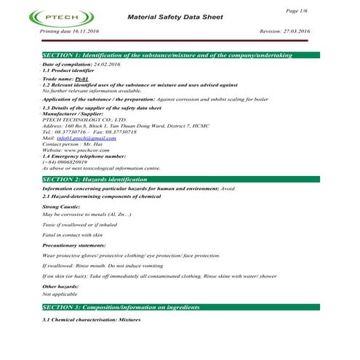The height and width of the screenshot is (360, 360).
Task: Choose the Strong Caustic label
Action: tap(60, 207)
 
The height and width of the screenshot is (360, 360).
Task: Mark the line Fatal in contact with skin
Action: tap(73, 236)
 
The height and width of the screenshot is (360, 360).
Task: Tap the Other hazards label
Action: tap(60, 287)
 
